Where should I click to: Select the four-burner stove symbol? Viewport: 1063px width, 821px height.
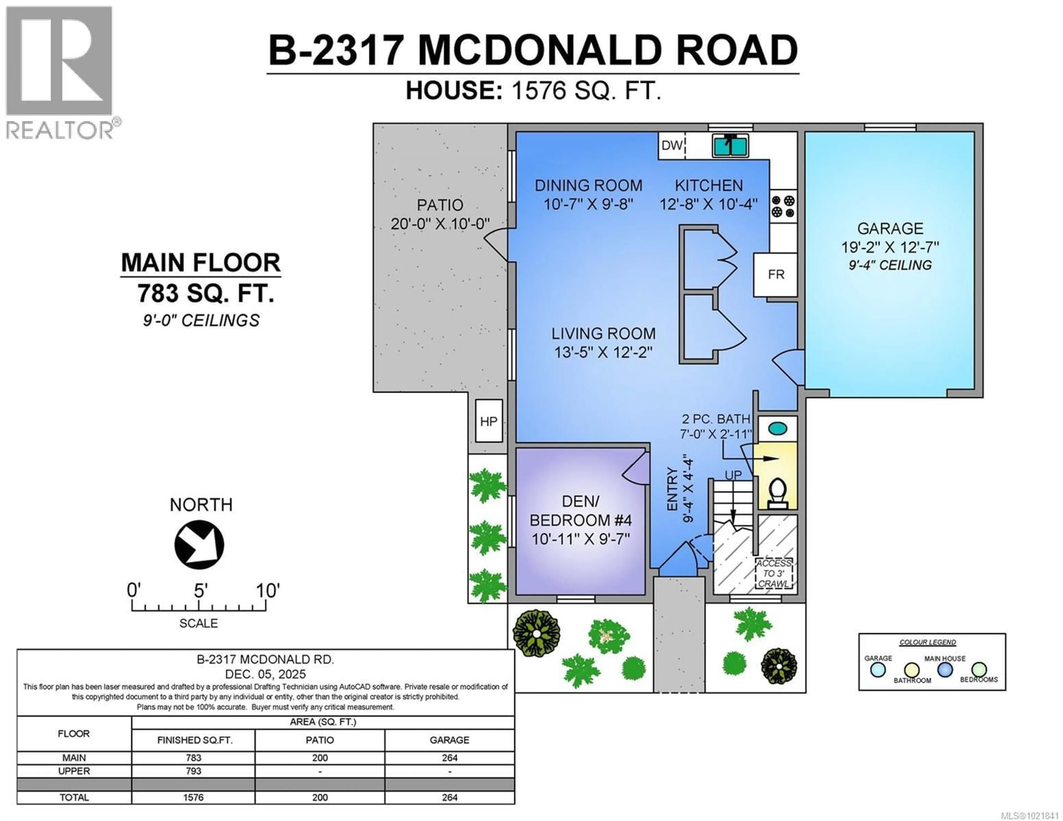click(783, 206)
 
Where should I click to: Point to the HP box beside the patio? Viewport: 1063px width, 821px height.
click(488, 421)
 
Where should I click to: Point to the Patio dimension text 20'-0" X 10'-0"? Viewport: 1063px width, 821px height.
click(440, 224)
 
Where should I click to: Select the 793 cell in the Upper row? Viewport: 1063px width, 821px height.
click(193, 771)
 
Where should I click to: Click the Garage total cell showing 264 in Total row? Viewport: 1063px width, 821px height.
click(449, 797)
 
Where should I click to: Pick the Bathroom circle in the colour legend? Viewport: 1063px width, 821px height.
click(912, 670)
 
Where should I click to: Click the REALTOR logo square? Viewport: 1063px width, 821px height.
click(59, 61)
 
